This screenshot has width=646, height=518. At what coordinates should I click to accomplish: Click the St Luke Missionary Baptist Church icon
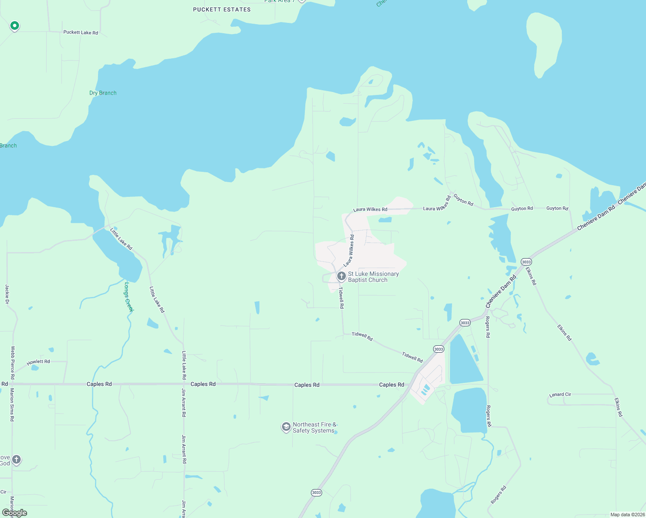coord(341,276)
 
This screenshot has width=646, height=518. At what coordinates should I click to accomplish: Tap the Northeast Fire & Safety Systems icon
coord(286,427)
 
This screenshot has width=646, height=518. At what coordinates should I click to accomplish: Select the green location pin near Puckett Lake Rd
coord(15,26)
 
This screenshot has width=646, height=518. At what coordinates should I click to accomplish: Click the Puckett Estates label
coord(222,9)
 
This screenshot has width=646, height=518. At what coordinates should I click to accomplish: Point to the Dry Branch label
coord(103,93)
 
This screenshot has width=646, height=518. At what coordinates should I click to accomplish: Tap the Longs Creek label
coord(129,297)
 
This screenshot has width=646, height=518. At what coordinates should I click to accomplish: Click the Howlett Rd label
coord(38,362)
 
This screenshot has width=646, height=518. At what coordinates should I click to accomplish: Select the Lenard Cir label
coord(560,395)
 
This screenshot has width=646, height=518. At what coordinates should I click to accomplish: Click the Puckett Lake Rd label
coord(81,32)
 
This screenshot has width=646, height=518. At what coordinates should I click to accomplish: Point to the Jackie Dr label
coord(7,294)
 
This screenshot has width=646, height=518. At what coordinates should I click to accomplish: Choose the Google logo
coord(15,513)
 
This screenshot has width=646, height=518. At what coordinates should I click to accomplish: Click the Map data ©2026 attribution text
coord(627,515)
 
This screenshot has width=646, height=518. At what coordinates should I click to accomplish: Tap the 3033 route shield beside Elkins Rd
coord(526,262)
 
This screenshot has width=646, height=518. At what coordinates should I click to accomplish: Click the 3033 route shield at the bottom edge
coord(316,493)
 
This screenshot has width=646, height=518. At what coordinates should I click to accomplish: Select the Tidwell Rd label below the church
coord(342,298)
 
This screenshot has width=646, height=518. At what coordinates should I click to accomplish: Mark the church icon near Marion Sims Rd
coord(16,459)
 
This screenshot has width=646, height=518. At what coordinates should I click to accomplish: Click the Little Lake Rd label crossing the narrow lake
coord(121,239)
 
